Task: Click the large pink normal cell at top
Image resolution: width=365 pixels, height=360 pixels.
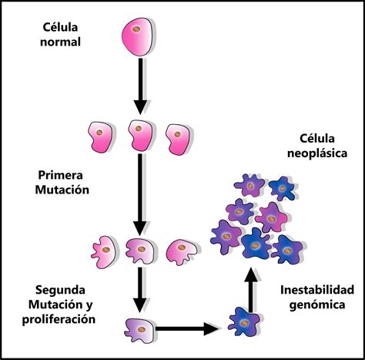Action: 139,36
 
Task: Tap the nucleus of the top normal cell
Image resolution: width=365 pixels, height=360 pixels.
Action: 136,29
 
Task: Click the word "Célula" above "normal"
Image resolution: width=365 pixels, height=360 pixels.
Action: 60,27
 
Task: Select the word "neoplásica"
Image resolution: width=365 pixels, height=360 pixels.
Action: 317,153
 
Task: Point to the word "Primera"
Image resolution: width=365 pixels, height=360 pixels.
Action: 60,175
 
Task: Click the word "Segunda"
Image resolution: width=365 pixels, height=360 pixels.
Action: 60,290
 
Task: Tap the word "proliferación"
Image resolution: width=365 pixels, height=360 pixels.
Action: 59,319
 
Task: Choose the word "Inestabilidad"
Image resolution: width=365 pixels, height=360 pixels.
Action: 317,290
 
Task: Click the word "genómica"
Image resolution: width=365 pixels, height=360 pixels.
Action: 317,305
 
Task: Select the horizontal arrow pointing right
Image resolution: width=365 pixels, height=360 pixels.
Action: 187,328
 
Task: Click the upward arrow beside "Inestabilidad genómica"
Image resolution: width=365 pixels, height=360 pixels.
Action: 250,290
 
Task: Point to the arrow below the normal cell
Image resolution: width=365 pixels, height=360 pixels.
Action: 140,86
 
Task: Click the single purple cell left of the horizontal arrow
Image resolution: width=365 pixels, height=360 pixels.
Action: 140,330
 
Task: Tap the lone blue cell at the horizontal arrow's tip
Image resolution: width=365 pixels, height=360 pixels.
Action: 244,322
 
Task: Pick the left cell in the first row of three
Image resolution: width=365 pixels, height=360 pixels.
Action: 101,136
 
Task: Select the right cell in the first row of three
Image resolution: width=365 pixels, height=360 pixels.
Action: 179,140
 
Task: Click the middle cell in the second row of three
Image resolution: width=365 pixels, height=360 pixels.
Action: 140,251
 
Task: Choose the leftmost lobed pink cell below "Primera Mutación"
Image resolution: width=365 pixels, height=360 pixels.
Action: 105,252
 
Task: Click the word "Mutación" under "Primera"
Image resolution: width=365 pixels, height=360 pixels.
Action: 62,190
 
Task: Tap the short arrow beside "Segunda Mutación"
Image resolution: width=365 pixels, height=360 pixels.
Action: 140,290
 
